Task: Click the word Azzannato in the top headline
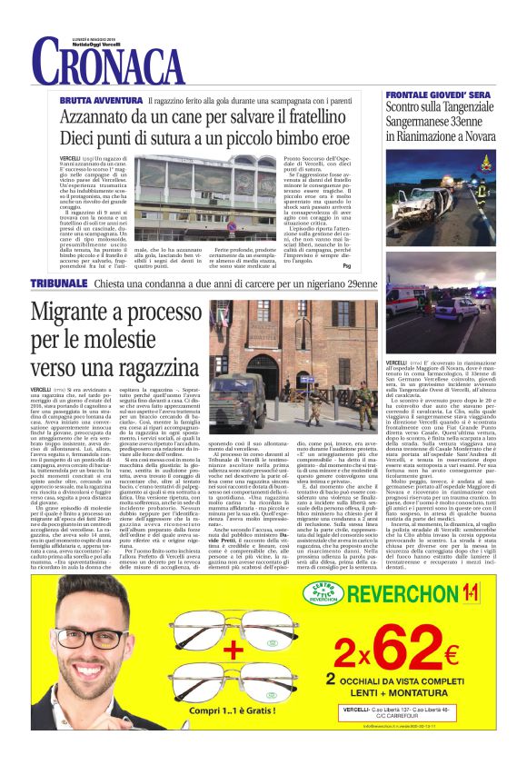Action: pos(99,116)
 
